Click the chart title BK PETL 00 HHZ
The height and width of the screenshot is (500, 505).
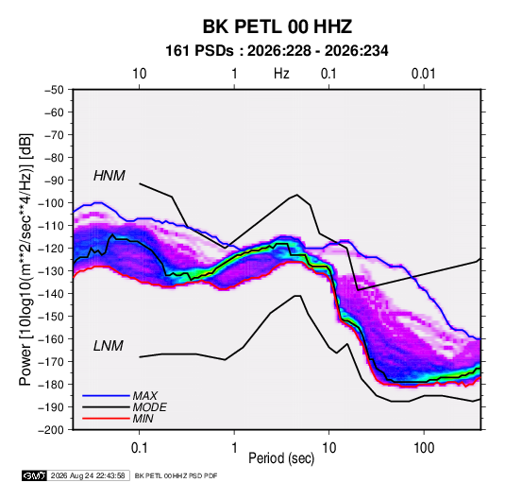[277, 26]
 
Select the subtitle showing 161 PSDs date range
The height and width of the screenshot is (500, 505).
[277, 51]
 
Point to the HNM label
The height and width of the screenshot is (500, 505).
[109, 176]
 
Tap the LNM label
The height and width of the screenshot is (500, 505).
[109, 346]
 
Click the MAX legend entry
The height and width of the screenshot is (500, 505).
[145, 395]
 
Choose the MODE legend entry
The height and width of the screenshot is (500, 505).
[149, 407]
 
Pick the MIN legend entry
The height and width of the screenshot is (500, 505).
[143, 419]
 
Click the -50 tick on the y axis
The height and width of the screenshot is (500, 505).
[54, 90]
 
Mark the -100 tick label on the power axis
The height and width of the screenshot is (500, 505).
[51, 203]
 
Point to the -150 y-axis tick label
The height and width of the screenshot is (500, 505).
[51, 317]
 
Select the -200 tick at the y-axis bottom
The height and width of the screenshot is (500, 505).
[51, 430]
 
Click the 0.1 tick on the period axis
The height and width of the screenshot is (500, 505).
[140, 448]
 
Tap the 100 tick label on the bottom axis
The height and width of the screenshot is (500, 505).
[424, 448]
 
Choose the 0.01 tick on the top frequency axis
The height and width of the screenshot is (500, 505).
[423, 74]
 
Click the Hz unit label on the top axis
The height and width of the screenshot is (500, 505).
[281, 74]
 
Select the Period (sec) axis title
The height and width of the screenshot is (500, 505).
[281, 458]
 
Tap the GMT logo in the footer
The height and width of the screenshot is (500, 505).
[35, 475]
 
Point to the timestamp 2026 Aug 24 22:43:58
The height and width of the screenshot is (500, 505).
[88, 475]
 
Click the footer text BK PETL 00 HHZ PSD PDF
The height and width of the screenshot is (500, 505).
[176, 475]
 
